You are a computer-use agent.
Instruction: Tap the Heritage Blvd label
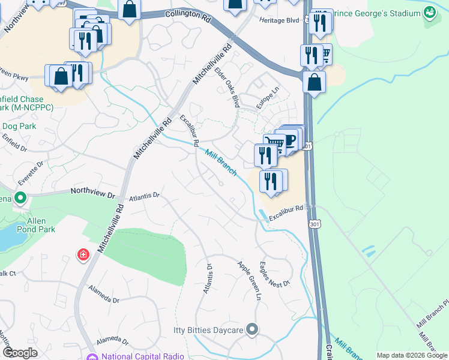[x=279, y=20]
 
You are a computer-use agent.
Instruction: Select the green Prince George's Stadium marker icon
[x=429, y=11]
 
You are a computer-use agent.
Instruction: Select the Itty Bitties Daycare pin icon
[x=252, y=329]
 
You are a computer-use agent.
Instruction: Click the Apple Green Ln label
[x=250, y=280]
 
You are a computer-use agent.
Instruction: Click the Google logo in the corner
[x=20, y=353]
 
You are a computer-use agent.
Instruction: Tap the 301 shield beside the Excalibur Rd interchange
[x=313, y=223]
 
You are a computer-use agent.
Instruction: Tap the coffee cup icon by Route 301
[x=291, y=139]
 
